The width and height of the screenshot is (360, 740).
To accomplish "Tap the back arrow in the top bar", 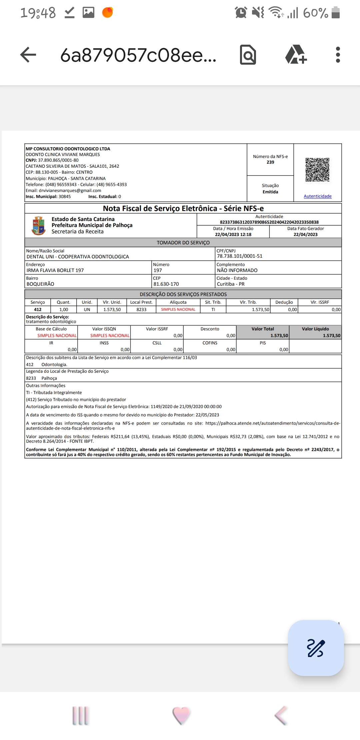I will (x=28, y=55).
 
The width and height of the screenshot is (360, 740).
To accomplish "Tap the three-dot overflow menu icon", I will (x=338, y=55).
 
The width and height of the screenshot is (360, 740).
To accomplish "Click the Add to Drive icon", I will (x=296, y=55).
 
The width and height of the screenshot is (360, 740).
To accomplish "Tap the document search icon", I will (x=248, y=55).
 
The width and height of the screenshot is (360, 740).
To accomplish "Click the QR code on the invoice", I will (x=317, y=170).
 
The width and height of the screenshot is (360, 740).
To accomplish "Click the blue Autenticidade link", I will (x=317, y=196).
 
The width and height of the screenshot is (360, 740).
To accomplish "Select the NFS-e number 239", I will (x=270, y=162).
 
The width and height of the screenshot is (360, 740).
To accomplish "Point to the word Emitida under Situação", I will (x=270, y=192).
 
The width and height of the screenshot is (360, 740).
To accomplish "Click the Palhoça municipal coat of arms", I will (x=39, y=226).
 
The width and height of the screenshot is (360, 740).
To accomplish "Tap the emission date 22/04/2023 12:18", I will (x=233, y=235).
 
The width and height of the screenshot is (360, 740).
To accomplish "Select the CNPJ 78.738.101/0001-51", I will (x=240, y=256).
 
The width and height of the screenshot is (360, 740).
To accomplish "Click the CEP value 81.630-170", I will (x=166, y=284).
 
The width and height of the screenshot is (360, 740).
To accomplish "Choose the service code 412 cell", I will (x=38, y=310).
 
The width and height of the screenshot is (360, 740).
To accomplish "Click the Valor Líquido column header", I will (x=315, y=329).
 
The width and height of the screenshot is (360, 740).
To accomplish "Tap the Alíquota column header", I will (x=178, y=302).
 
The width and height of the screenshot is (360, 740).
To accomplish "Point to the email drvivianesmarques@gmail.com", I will (x=70, y=191).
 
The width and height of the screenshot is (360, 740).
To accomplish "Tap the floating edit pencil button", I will (x=316, y=648).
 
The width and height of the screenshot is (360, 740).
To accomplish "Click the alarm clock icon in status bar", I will (x=241, y=13).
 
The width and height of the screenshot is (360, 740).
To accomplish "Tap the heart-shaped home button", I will (x=181, y=715).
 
